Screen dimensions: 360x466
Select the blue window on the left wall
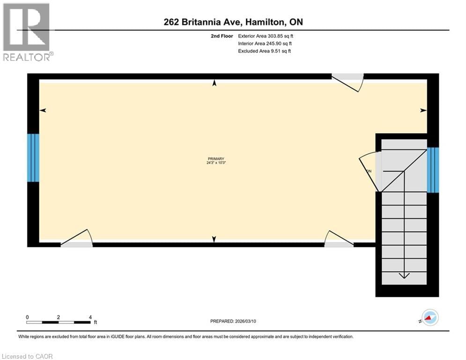[x=33, y=157]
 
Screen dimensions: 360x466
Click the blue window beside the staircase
[x=433, y=170]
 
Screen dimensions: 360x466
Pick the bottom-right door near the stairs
[x=339, y=239]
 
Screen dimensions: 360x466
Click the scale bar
[x=59, y=322]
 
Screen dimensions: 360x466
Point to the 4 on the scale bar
[x=89, y=317]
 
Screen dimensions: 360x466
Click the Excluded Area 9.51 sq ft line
[x=265, y=51]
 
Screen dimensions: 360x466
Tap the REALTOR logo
[x=27, y=31]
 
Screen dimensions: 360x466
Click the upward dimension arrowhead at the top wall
[x=215, y=83]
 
